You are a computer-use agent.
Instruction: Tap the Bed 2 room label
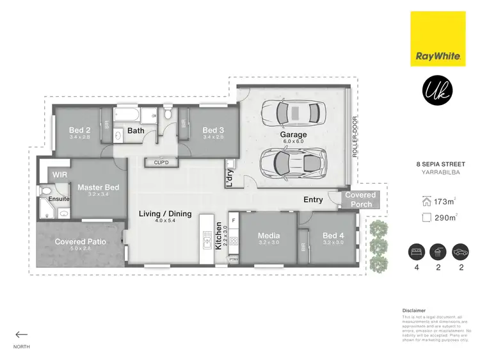(x=79, y=129)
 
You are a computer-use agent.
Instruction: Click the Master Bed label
(x=98, y=188)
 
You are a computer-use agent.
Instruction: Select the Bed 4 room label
(x=333, y=236)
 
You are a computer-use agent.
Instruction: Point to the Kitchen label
(x=219, y=236)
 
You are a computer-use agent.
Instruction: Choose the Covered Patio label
(x=80, y=241)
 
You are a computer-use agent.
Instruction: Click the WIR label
(x=60, y=174)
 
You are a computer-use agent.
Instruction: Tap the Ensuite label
(x=53, y=199)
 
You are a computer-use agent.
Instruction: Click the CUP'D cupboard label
(x=161, y=162)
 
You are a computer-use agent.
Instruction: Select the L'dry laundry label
(x=227, y=177)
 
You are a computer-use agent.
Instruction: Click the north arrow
(x=22, y=334)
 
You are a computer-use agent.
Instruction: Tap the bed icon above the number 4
(x=415, y=251)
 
